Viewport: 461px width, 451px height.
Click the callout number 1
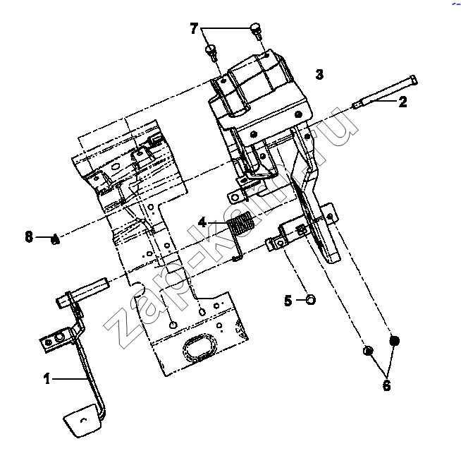tap(47, 378)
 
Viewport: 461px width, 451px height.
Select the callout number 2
tap(402, 102)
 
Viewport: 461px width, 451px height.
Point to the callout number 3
tap(319, 74)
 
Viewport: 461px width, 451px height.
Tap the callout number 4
tap(202, 222)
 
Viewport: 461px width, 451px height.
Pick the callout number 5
tap(288, 301)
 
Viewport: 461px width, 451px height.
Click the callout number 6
tap(386, 385)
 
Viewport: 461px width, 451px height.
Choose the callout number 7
tap(194, 28)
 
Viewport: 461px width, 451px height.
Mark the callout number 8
tap(29, 236)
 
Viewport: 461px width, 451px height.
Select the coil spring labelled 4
tap(240, 224)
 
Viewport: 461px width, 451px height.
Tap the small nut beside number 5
tap(310, 300)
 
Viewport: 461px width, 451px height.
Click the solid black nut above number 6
tap(394, 341)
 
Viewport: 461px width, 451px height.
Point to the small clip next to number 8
tap(55, 240)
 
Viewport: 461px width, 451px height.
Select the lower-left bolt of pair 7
tap(211, 52)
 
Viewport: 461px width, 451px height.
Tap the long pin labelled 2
tap(385, 92)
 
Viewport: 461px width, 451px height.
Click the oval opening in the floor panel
tap(200, 347)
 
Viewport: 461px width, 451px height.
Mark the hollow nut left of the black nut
tap(368, 351)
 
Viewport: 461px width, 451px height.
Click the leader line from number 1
tap(69, 379)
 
